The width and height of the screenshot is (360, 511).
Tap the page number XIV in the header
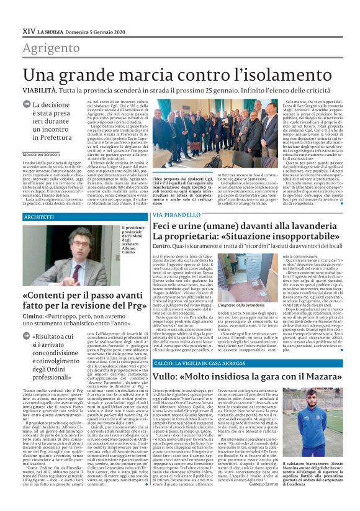click(x=28, y=30)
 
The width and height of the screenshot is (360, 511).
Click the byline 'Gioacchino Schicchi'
click(x=43, y=153)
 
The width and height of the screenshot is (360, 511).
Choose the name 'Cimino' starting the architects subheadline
click(x=34, y=315)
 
